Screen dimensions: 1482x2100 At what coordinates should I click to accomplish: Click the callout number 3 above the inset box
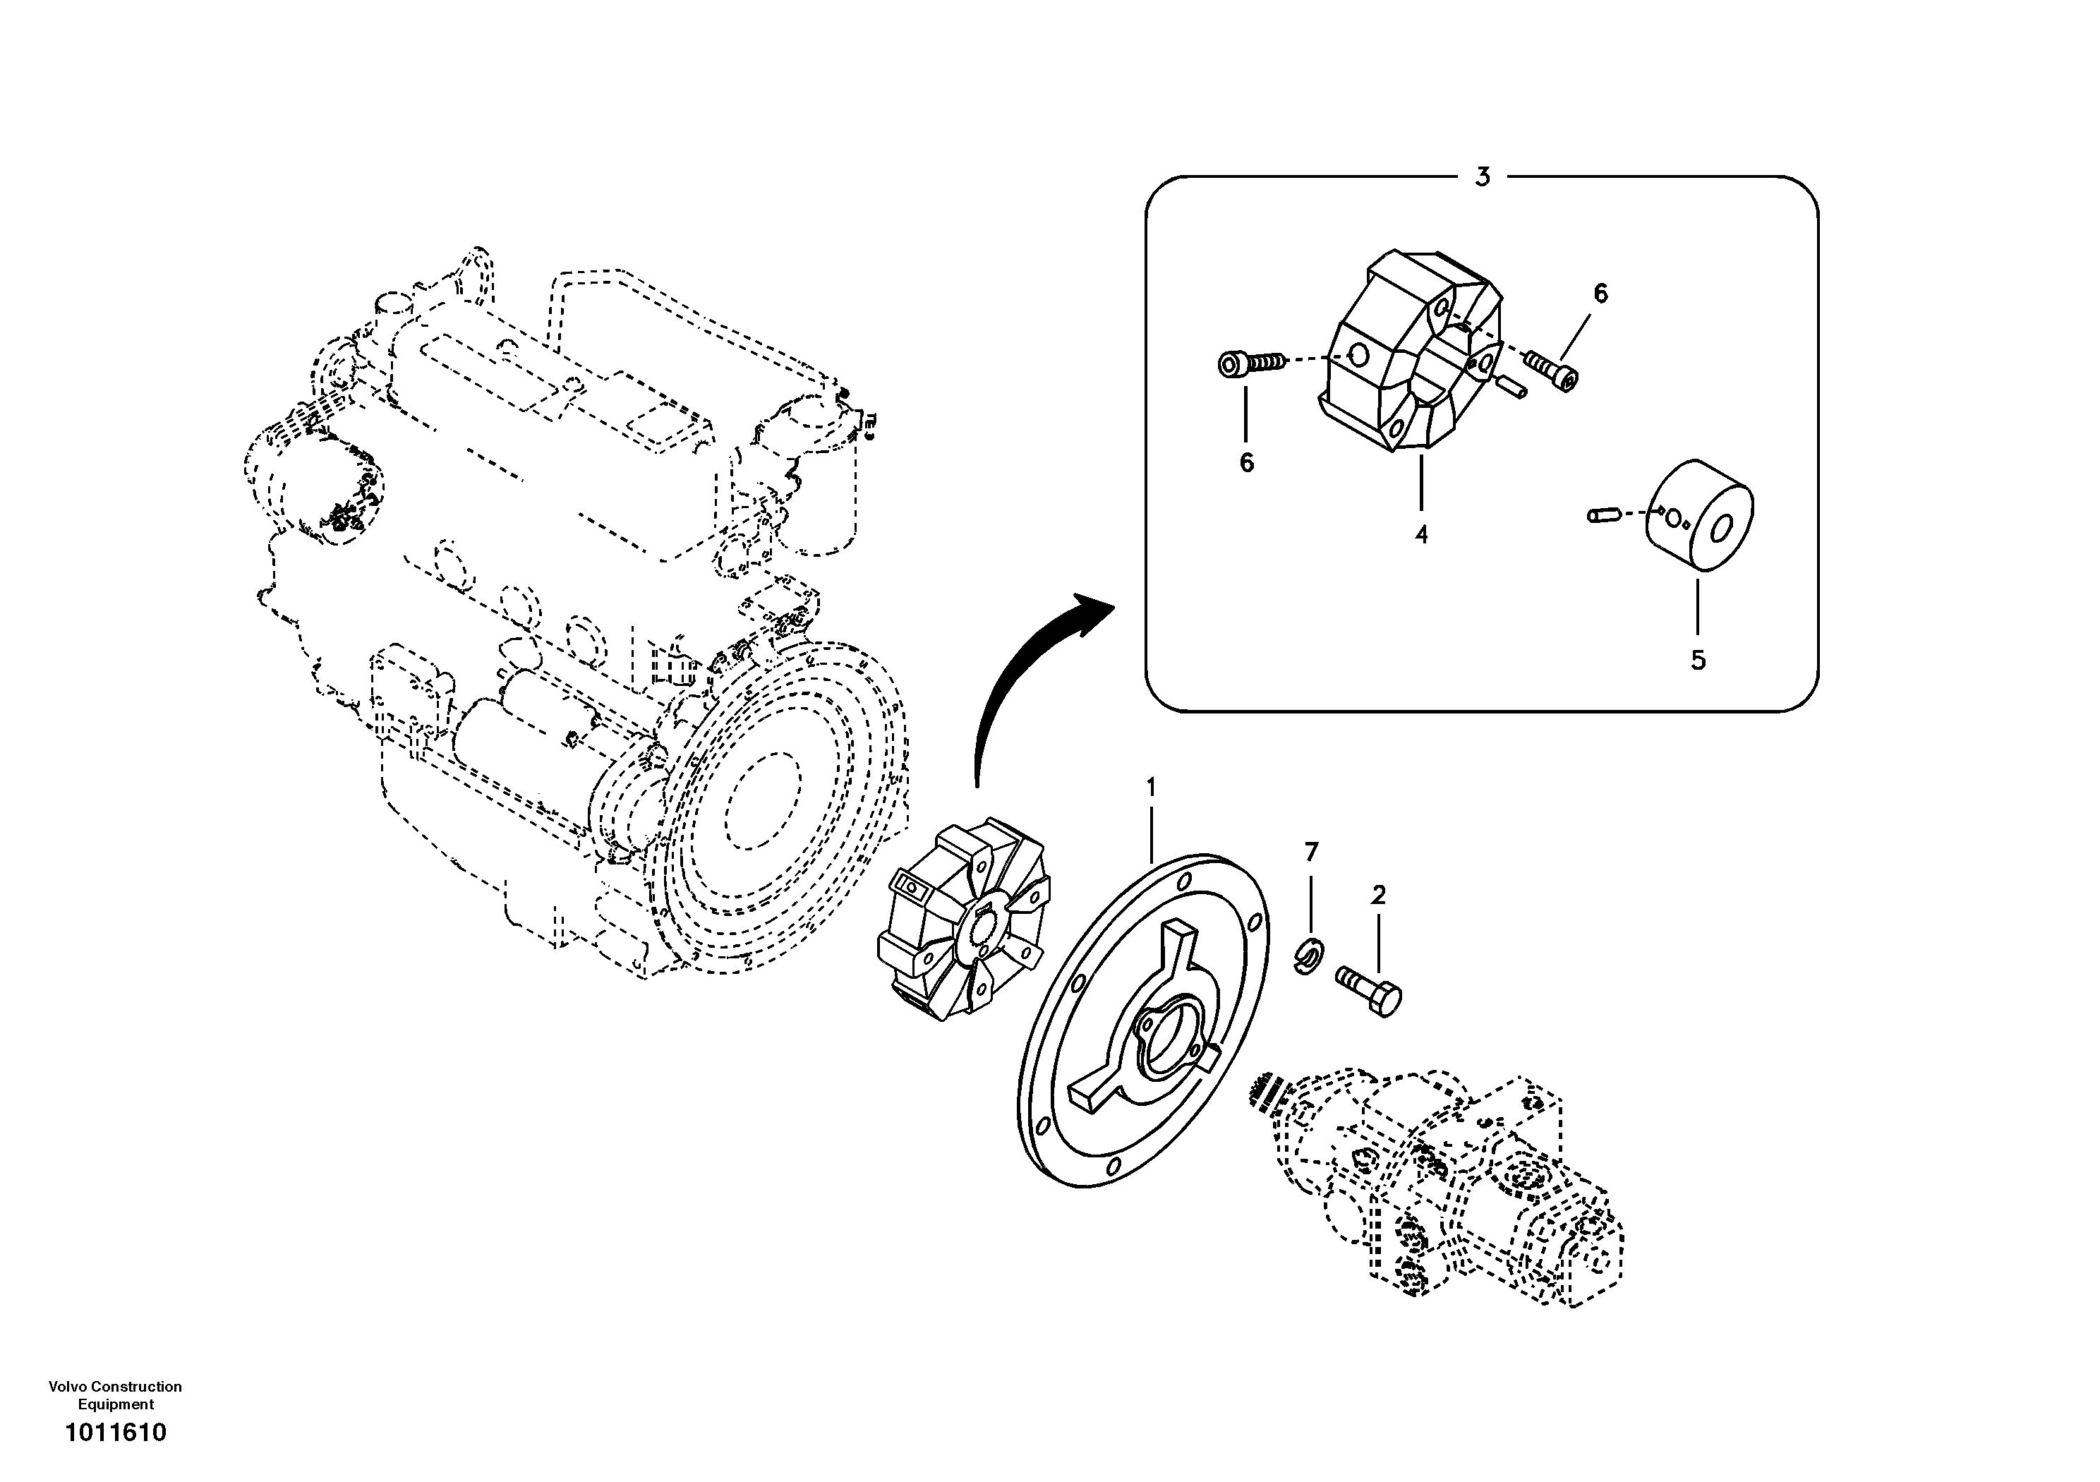click(1483, 176)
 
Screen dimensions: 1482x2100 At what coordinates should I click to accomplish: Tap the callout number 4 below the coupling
click(1420, 534)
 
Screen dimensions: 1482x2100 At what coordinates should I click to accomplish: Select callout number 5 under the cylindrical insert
click(1698, 660)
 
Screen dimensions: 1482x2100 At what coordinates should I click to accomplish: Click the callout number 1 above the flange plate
click(1152, 787)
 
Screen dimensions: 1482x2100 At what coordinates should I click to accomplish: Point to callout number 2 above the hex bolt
click(1378, 895)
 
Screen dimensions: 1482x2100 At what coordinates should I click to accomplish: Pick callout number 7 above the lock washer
click(1312, 853)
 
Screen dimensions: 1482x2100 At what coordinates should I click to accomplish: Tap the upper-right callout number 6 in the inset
click(1600, 294)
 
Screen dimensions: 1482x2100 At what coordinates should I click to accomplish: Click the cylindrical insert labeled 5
click(1701, 517)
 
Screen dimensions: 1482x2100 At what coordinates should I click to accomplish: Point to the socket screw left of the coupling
click(1248, 364)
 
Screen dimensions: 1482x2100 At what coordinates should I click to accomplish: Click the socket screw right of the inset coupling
click(1550, 370)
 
